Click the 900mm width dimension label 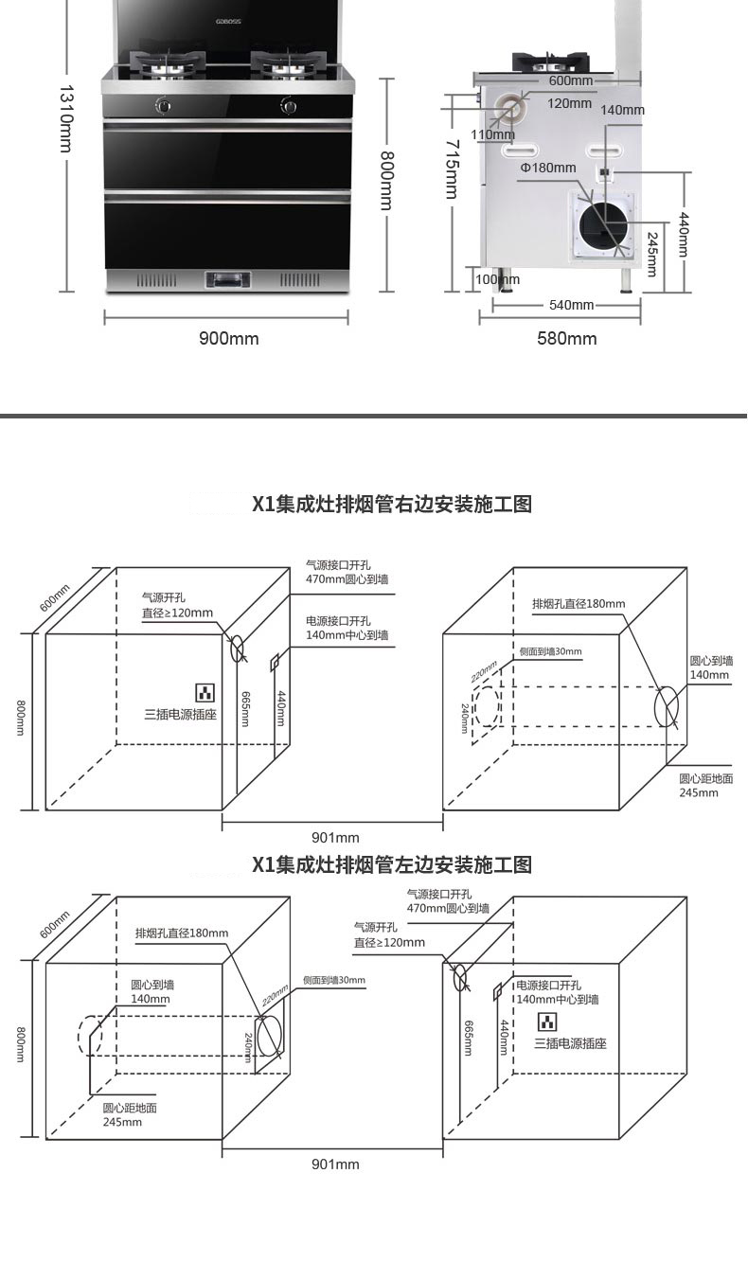pos(229,339)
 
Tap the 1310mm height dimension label pos(66,119)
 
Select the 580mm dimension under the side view pos(566,339)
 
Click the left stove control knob pos(164,105)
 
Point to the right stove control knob pos(289,105)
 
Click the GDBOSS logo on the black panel pos(228,22)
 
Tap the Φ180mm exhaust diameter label pos(548,168)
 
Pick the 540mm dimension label pos(571,305)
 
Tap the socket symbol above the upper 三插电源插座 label pos(205,692)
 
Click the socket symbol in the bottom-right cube pos(547,1022)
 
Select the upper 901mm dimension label pos(335,837)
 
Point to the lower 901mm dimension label pos(335,1164)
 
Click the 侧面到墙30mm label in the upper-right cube pos(550,652)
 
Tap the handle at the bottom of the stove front pos(227,279)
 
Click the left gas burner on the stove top pos(168,63)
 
